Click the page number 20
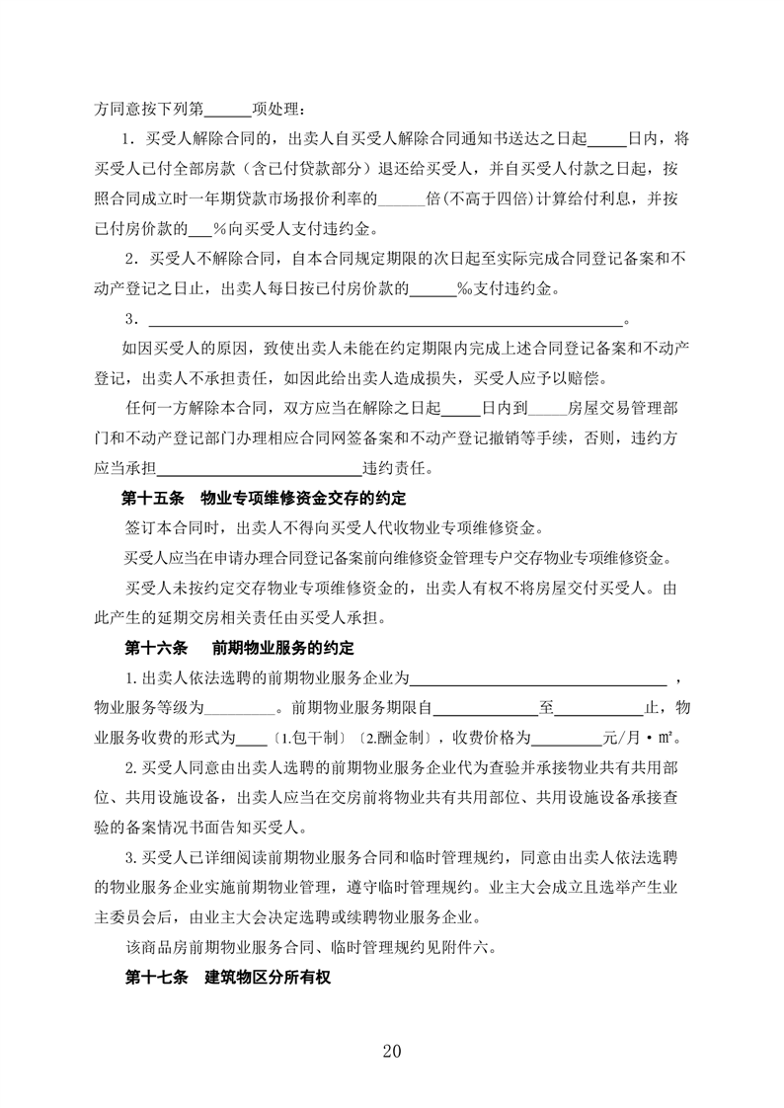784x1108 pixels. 392,1051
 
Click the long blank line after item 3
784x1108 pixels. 385,321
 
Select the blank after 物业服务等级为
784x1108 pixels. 240,708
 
